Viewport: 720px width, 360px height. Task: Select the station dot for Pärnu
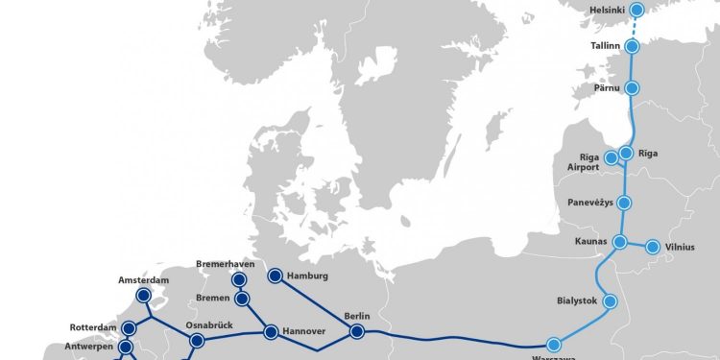632,87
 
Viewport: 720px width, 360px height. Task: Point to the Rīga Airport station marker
611,157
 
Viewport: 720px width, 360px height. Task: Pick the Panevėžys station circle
623,203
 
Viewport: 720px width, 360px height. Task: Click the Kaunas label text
590,241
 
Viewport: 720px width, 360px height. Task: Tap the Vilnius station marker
653,247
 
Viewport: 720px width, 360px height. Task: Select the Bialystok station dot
610,300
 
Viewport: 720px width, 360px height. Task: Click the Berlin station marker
357,332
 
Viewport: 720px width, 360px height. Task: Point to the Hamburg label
307,276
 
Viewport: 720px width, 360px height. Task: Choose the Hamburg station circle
274,276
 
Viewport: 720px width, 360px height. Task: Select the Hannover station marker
271,332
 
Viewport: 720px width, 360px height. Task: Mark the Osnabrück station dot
197,341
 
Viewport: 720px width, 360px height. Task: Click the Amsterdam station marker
144,296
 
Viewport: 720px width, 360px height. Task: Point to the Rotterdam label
92,327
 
